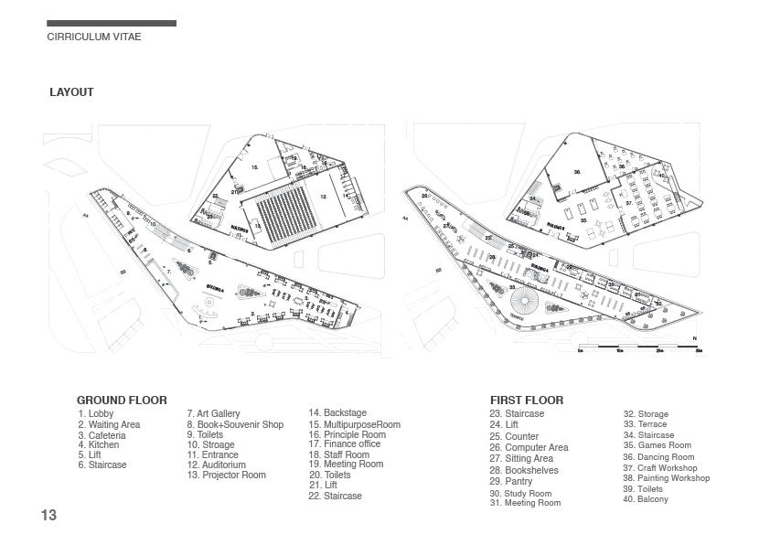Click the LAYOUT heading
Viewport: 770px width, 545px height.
(x=71, y=92)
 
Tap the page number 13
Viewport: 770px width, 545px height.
(x=48, y=516)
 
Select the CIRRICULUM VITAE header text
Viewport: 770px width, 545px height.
(x=93, y=37)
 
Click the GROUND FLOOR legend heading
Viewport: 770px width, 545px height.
(x=122, y=401)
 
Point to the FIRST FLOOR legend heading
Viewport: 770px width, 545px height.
(x=527, y=401)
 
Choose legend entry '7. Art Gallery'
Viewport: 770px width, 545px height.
(x=213, y=414)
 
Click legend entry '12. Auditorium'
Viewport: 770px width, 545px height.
(x=217, y=465)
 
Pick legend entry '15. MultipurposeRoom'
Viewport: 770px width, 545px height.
(x=354, y=424)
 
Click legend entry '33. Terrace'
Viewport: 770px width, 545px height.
(x=645, y=424)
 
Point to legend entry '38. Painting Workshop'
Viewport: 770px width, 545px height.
(x=666, y=478)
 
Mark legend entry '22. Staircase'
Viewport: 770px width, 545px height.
(x=335, y=496)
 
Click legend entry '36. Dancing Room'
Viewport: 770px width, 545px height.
(x=658, y=457)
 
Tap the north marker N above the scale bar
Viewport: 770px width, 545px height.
(x=695, y=339)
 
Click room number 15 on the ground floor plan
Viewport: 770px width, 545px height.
(x=255, y=168)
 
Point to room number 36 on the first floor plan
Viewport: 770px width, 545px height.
(x=577, y=171)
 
